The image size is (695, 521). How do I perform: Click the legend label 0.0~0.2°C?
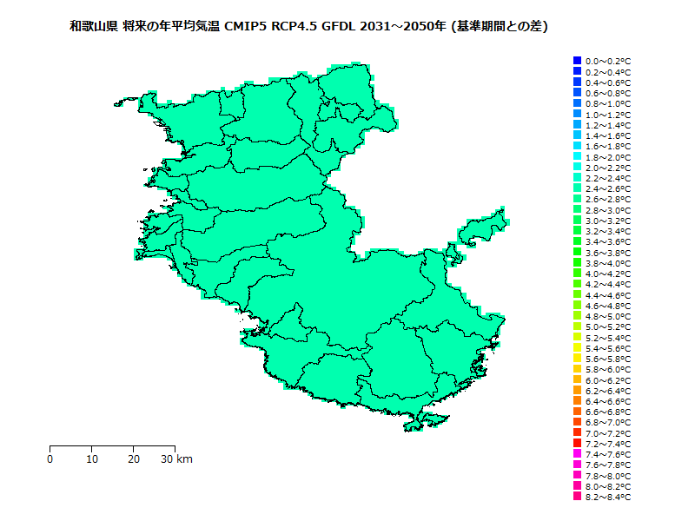[608, 61]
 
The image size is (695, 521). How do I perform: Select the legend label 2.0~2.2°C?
[608, 168]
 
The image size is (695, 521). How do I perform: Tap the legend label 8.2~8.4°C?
[608, 498]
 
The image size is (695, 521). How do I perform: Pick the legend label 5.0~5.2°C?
[608, 327]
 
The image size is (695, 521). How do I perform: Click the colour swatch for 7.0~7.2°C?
[577, 433]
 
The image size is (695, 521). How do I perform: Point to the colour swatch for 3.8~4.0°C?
[577, 263]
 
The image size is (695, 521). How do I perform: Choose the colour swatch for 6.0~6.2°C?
[577, 380]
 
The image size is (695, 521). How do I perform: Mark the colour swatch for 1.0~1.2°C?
[577, 114]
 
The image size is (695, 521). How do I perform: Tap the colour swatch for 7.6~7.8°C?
[577, 465]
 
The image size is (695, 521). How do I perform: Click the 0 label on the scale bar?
[50, 459]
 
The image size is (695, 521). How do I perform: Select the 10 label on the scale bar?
[92, 459]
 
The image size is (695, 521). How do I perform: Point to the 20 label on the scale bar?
[134, 459]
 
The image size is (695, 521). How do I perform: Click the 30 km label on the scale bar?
[177, 459]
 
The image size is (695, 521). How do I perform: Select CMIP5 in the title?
[248, 27]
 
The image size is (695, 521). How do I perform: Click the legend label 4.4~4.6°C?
[608, 295]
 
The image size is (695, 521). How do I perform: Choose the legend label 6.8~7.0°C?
[608, 423]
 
